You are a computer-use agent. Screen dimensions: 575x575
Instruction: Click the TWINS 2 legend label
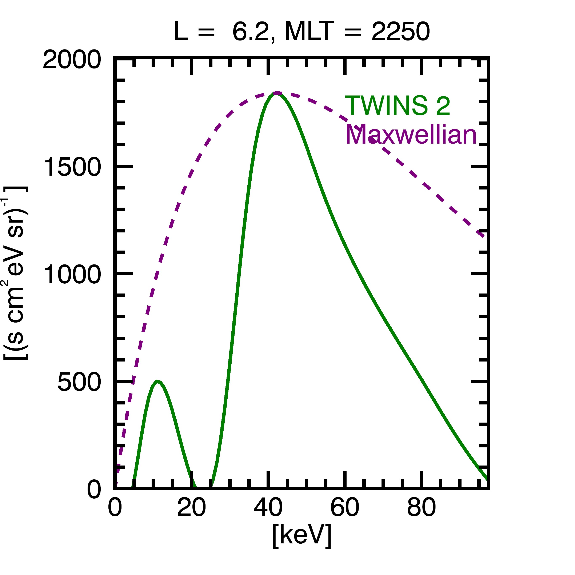[398, 106]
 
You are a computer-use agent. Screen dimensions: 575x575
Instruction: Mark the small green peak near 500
[157, 381]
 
